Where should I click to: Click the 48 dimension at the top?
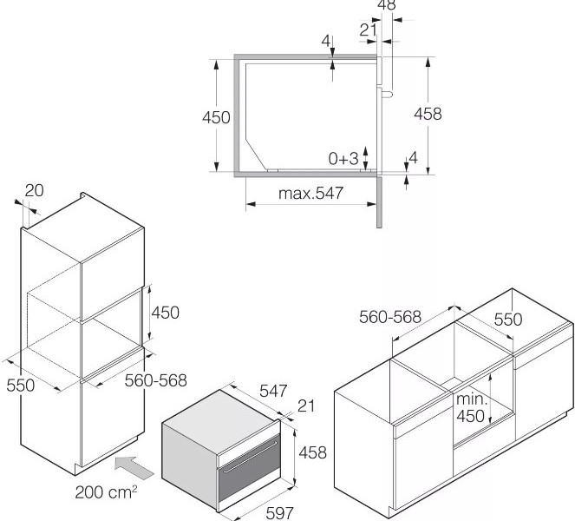[387, 5]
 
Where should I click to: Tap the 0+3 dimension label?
[343, 159]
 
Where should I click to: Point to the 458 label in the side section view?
[428, 114]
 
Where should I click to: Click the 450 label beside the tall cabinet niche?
[165, 313]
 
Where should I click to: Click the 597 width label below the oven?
[279, 513]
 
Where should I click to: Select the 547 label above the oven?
[272, 392]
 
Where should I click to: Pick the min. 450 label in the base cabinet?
[471, 409]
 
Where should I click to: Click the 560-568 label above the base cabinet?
[390, 318]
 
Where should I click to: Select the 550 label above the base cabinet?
[508, 320]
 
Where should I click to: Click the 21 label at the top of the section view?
[368, 30]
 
